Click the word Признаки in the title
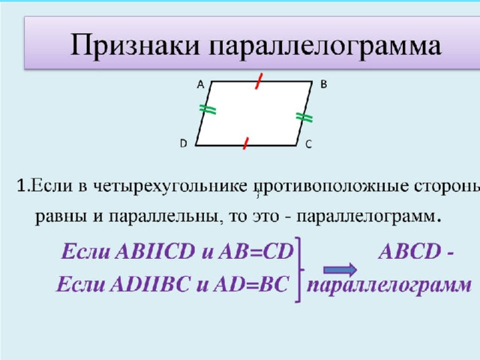(135, 45)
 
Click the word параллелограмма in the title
(325, 46)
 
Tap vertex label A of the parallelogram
(200, 84)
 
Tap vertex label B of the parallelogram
(323, 84)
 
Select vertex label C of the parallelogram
(308, 144)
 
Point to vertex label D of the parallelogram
(183, 143)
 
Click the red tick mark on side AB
(259, 81)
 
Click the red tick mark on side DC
(245, 143)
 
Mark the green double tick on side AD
(208, 109)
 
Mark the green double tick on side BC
(304, 117)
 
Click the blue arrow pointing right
(340, 270)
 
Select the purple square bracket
(300, 270)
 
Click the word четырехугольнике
(170, 186)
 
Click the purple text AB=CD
(256, 251)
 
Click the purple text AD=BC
(251, 283)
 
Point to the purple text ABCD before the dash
(409, 251)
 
